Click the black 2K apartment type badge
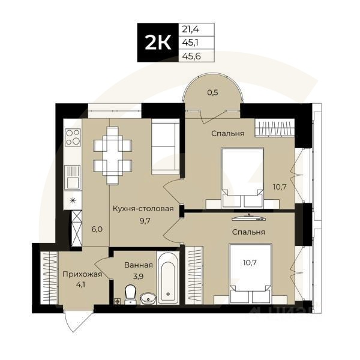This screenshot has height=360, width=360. (x=158, y=43)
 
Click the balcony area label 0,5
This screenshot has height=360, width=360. (x=212, y=93)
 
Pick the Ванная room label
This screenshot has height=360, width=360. (x=139, y=264)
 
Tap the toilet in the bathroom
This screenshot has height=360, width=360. (x=129, y=295)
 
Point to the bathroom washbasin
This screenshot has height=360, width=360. (x=148, y=297)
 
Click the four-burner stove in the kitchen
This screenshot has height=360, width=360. (x=73, y=138)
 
